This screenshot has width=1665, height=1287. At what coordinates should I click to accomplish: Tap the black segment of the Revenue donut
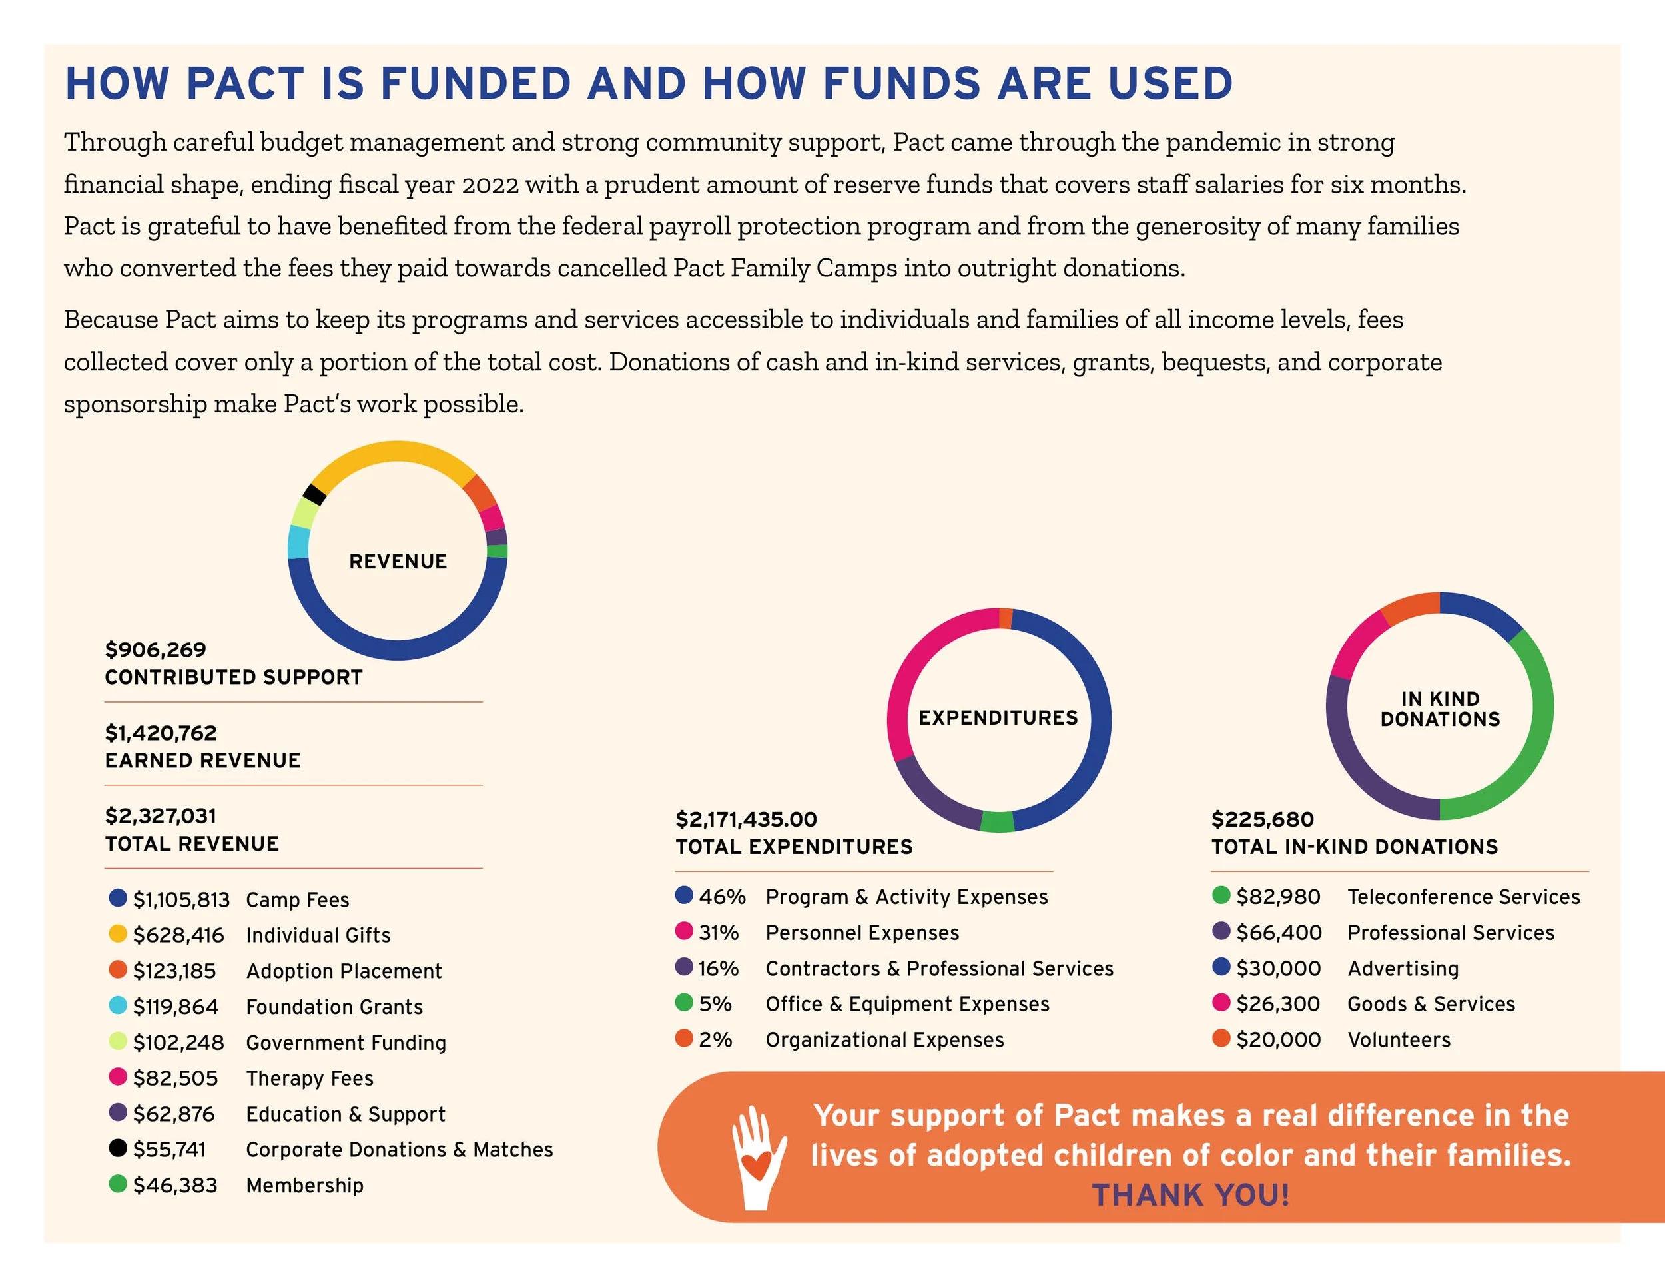click(x=314, y=494)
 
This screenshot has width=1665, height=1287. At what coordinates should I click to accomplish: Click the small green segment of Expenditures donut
click(x=996, y=821)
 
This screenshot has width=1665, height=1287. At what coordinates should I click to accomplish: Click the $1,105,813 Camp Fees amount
click(x=180, y=900)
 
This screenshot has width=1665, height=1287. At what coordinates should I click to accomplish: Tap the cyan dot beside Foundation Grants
click(x=117, y=1005)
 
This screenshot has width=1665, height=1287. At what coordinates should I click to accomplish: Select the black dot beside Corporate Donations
click(x=117, y=1148)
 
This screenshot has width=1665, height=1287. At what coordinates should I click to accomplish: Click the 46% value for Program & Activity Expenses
click(x=721, y=897)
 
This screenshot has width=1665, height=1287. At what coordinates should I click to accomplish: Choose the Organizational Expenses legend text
click(x=884, y=1039)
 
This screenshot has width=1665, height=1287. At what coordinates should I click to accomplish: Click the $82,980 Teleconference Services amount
click(x=1277, y=897)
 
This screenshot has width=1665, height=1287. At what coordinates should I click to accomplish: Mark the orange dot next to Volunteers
click(x=1221, y=1038)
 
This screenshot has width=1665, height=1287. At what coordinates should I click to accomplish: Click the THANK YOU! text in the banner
click(x=1190, y=1195)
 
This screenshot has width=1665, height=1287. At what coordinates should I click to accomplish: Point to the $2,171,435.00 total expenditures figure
click(x=746, y=819)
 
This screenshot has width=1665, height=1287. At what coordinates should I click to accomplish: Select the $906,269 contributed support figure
click(x=156, y=649)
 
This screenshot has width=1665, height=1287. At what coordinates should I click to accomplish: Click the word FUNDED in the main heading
click(x=475, y=83)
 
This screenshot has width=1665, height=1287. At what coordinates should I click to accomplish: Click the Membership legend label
click(x=304, y=1185)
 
